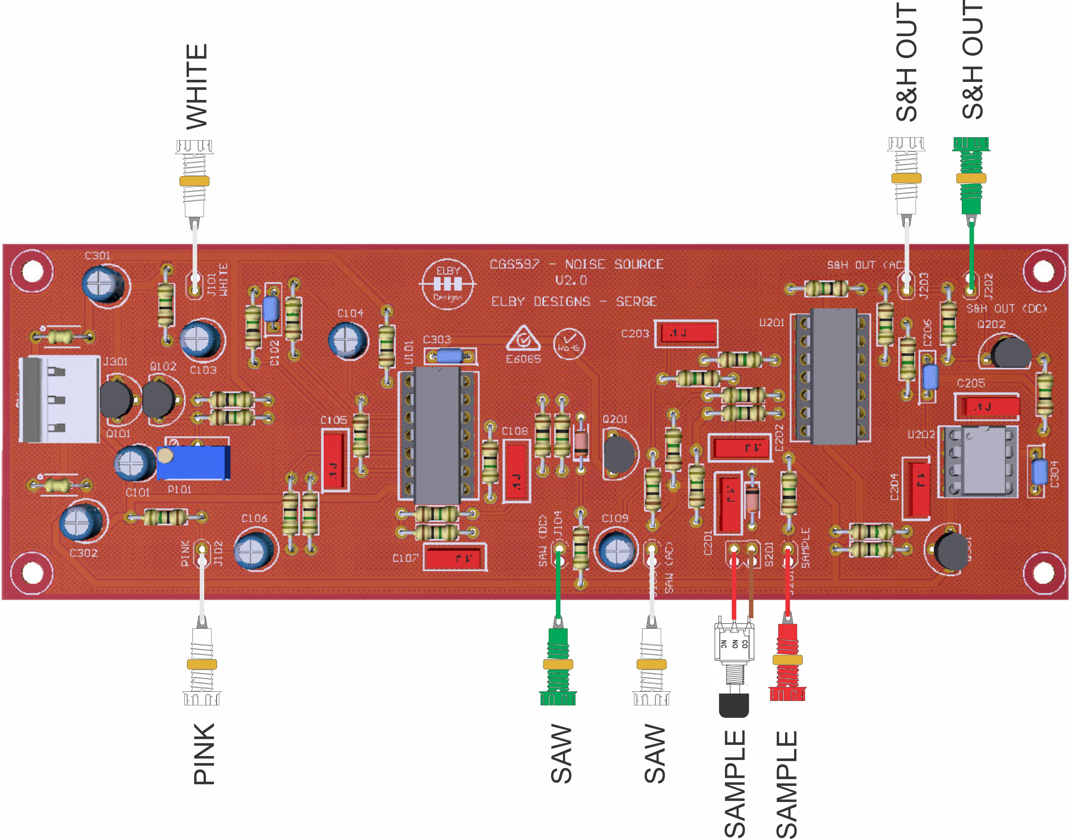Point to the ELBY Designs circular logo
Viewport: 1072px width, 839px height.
coord(447,284)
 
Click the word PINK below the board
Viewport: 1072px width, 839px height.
coord(204,754)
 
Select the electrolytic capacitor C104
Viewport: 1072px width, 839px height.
coord(348,339)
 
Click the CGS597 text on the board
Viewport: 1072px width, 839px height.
coord(514,264)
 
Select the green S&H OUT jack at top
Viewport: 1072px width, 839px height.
coord(971,177)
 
